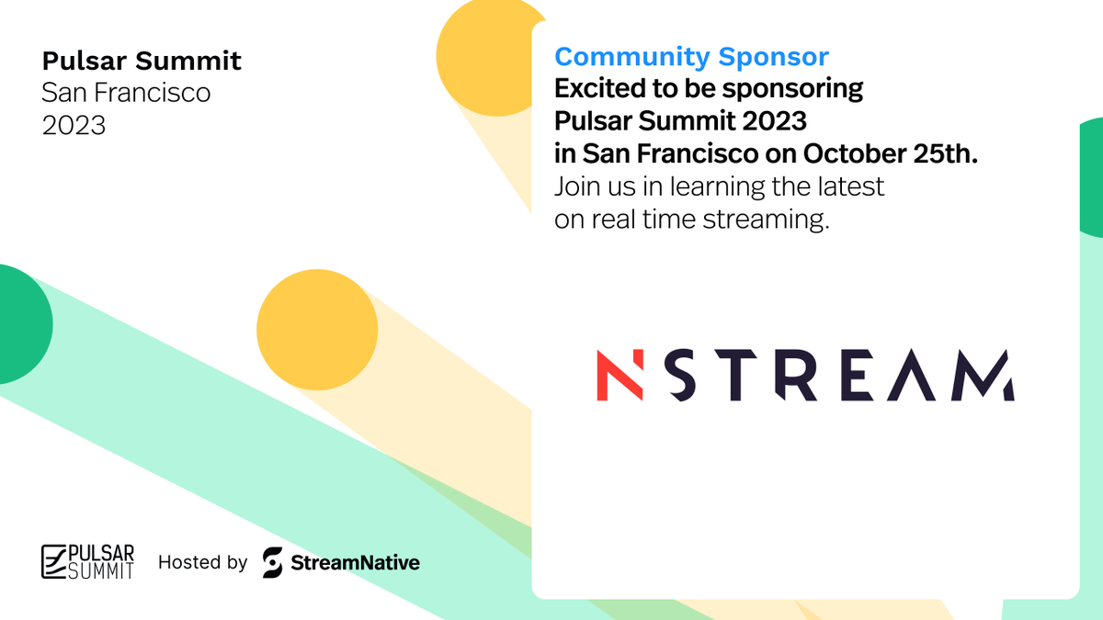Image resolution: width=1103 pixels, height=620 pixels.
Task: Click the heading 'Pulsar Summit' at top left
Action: (142, 62)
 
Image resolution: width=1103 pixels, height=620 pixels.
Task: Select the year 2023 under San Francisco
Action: (74, 125)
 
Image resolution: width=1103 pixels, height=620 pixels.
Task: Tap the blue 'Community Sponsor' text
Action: (691, 57)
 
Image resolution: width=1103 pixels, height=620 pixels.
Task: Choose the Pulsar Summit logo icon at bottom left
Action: (56, 561)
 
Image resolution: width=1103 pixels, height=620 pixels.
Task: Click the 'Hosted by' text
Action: (202, 562)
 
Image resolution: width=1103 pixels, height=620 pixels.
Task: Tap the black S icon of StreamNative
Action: (272, 562)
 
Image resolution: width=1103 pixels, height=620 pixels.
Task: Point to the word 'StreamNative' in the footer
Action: (355, 562)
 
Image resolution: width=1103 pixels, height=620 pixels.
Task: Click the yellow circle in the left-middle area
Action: (317, 330)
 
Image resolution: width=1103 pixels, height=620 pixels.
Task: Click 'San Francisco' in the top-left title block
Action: (126, 93)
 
